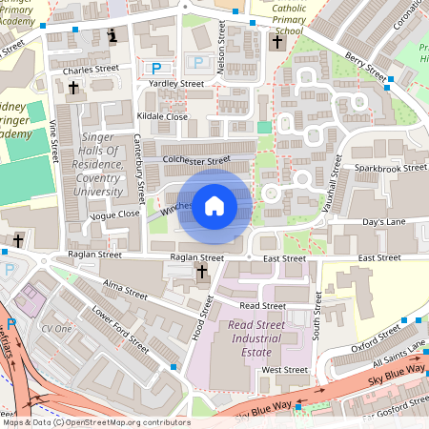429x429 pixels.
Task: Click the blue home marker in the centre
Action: click(214, 205)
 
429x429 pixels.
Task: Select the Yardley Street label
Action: click(176, 84)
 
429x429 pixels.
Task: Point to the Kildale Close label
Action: click(162, 116)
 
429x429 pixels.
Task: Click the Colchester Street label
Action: click(197, 161)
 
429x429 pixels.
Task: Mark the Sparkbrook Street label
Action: click(390, 168)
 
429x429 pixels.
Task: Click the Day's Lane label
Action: click(384, 222)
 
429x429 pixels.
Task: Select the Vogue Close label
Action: click(114, 215)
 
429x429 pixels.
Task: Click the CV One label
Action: click(56, 328)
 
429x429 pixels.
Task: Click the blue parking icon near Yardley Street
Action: click(156, 68)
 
